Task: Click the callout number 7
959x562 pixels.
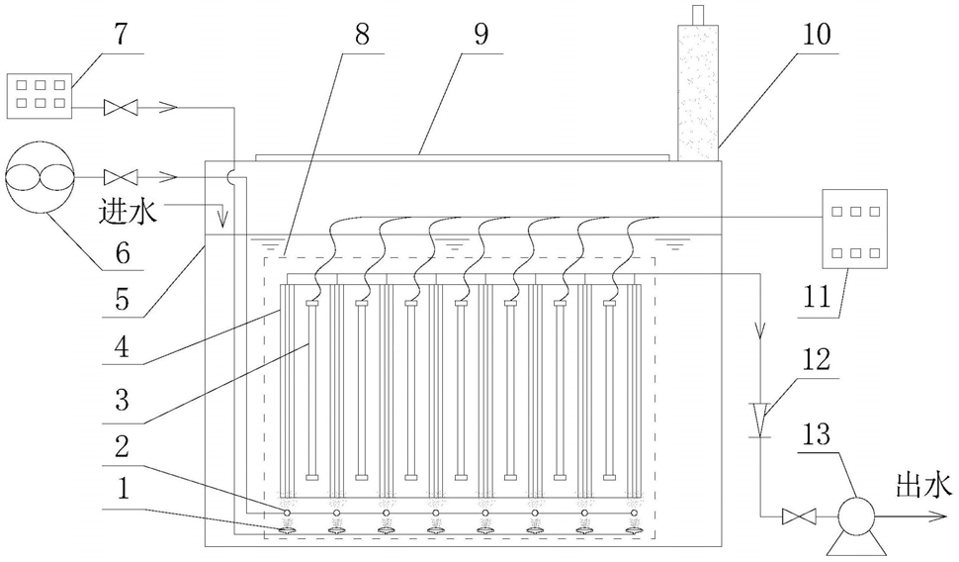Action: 122,35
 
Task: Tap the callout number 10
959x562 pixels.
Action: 817,35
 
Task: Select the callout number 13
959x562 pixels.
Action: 817,434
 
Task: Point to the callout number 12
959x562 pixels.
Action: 817,359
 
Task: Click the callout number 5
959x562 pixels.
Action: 123,300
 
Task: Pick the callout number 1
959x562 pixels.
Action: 124,490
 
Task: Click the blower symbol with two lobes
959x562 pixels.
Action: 40,177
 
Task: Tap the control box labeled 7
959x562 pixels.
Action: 40,96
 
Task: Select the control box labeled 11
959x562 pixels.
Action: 855,229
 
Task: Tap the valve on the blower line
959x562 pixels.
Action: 121,177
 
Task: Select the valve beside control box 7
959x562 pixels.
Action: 121,108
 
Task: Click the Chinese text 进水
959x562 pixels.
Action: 128,212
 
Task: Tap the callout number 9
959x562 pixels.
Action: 481,35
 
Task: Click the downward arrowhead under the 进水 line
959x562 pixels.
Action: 223,219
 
